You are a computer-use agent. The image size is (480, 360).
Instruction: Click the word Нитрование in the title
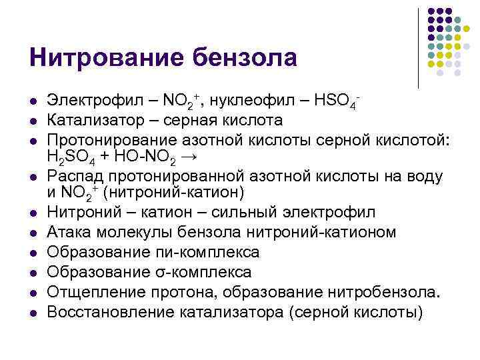tap(98, 57)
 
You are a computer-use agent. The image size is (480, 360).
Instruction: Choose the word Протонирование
tap(114, 139)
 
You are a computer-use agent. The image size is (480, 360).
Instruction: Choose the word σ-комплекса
tap(205, 272)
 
